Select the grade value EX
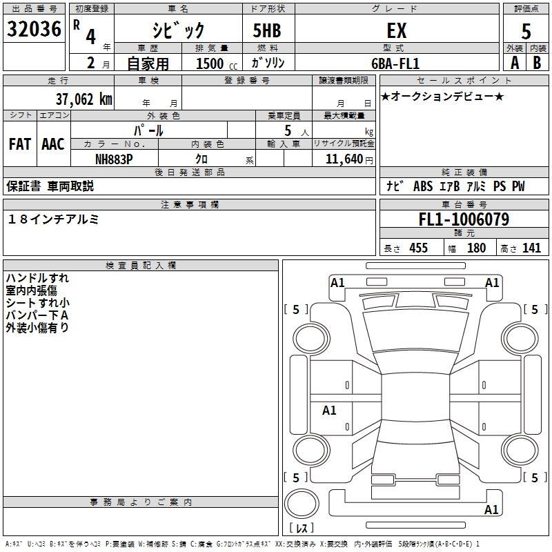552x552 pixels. [396, 30]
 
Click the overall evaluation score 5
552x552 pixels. [526, 32]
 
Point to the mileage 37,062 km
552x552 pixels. [83, 99]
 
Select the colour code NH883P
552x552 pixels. [114, 158]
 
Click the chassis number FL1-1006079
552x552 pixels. [464, 219]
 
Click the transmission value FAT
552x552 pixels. [20, 144]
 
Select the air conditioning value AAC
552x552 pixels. [52, 144]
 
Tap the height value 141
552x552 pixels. [531, 248]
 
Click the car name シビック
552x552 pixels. [178, 30]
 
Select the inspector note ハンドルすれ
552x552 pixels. [37, 278]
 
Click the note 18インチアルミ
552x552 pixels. [54, 219]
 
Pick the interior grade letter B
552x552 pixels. [537, 62]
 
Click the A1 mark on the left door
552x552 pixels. [329, 411]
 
